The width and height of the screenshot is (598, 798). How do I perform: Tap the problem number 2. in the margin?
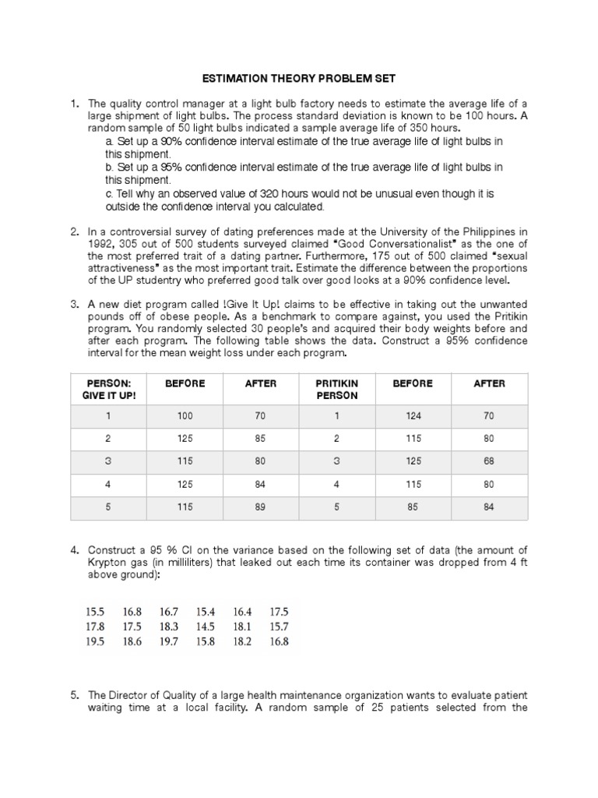[x=76, y=231]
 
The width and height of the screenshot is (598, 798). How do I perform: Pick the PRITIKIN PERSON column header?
[x=337, y=389]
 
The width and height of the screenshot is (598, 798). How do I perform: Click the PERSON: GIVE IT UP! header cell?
[x=109, y=389]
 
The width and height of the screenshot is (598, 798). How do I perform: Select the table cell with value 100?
[x=185, y=416]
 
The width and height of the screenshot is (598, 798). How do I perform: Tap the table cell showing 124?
[x=413, y=416]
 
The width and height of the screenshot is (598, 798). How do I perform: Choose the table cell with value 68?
[x=489, y=460]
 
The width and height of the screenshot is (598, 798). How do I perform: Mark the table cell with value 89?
[x=261, y=507]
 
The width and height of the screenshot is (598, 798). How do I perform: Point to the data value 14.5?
[x=206, y=627]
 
